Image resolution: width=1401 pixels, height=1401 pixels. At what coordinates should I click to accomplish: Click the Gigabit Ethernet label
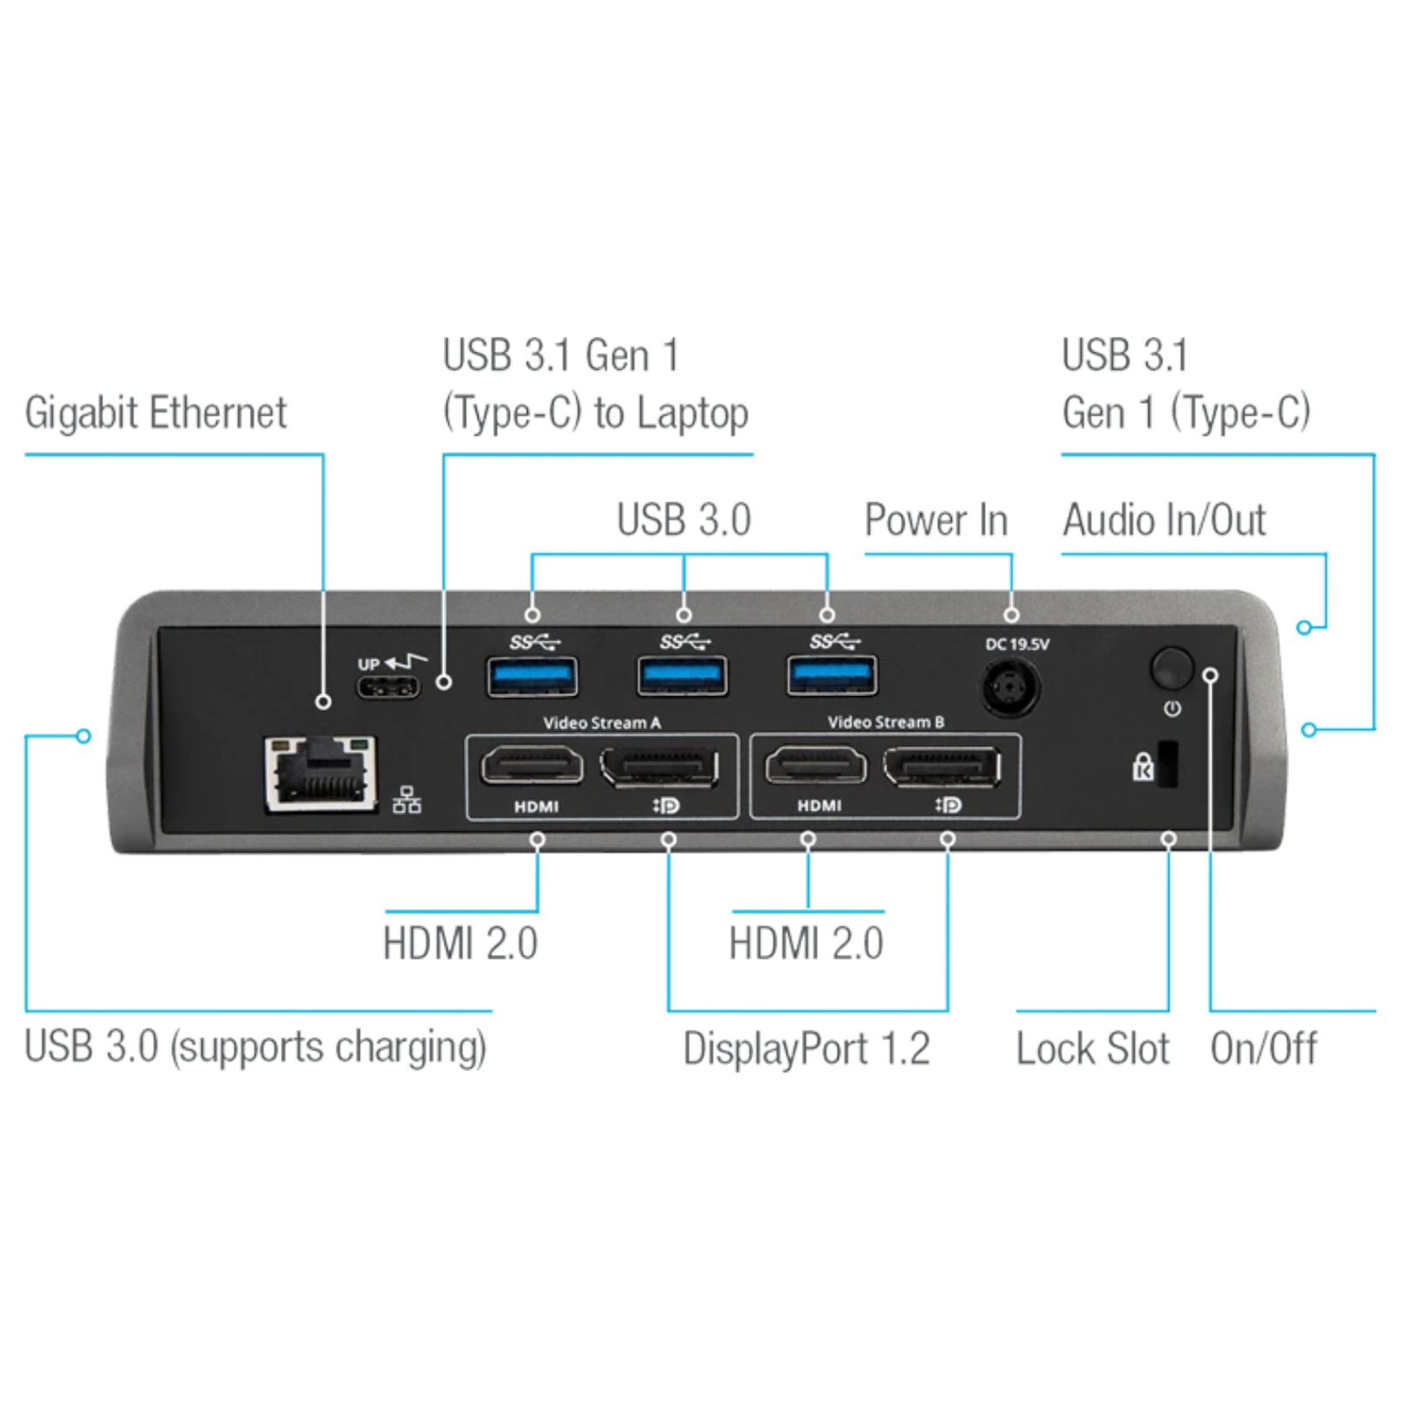[x=156, y=412]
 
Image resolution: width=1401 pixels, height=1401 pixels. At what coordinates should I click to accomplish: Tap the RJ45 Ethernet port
[x=321, y=773]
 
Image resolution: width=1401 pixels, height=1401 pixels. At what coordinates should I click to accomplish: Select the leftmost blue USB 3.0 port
[x=532, y=676]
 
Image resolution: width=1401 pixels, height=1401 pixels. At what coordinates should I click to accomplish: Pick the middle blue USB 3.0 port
[x=682, y=676]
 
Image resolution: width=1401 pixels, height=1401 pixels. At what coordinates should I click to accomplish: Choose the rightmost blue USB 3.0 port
[x=831, y=676]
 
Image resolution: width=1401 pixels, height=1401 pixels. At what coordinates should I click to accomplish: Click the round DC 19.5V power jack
[x=1011, y=687]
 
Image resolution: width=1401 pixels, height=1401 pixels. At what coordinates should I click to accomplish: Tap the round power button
[x=1172, y=668]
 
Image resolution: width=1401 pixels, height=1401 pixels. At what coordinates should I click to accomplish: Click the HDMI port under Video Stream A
[x=532, y=767]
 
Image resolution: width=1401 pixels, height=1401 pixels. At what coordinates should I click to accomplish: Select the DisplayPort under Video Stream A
[x=660, y=767]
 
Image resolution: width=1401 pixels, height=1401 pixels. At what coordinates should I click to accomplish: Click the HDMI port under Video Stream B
[x=816, y=767]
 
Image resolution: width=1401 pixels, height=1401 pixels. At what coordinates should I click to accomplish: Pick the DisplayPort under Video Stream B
[x=942, y=767]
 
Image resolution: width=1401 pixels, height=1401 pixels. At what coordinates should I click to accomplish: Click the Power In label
[x=936, y=520]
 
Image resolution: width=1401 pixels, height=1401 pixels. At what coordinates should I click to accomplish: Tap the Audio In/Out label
[x=1164, y=520]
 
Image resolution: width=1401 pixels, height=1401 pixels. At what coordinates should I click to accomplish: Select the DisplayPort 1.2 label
[x=806, y=1048]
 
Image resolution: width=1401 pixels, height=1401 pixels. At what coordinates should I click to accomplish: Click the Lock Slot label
[x=1092, y=1048]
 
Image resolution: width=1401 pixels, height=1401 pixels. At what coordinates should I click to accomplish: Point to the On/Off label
[x=1264, y=1048]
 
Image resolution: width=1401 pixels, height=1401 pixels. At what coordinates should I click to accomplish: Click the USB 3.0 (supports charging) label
[x=255, y=1047]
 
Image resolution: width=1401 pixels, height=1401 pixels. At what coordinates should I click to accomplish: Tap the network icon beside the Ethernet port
[x=407, y=800]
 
